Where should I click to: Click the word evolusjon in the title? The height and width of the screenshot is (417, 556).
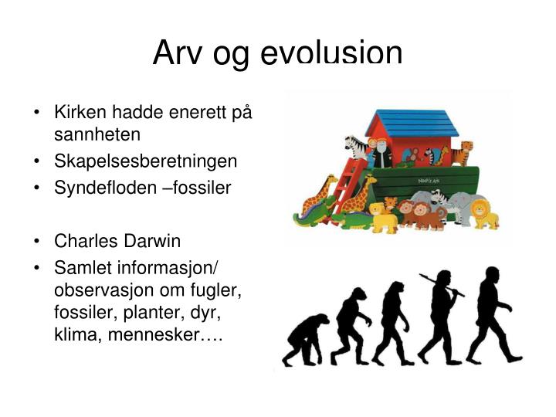[x=332, y=54]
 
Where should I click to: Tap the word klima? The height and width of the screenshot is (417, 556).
[x=73, y=336]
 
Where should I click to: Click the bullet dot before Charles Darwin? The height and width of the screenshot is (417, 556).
[x=37, y=241]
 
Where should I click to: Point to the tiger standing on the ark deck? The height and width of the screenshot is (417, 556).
[x=463, y=152]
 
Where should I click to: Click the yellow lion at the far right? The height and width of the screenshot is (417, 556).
[x=484, y=214]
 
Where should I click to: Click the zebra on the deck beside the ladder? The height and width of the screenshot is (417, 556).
[x=355, y=147]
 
